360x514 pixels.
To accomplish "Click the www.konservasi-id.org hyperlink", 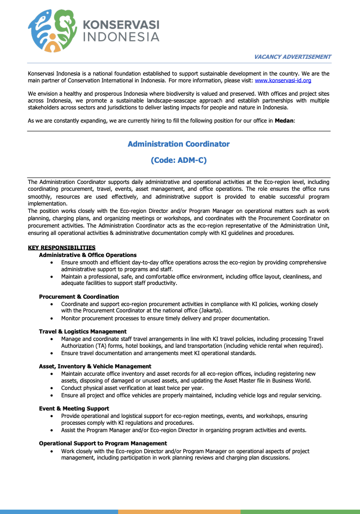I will pyautogui.click(x=283, y=80).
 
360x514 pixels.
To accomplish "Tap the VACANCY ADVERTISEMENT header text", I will pyautogui.click(x=292, y=57).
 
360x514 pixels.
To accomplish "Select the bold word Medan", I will pyautogui.click(x=284, y=121).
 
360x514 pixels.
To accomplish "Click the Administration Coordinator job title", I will pyautogui.click(x=179, y=144).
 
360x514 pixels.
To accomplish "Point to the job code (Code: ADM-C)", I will pyautogui.click(x=179, y=160).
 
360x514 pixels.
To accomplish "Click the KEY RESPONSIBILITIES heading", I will pyautogui.click(x=62, y=248).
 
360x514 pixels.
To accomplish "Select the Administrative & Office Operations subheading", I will pyautogui.click(x=88, y=255).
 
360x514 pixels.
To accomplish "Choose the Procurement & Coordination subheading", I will pyautogui.click(x=79, y=297).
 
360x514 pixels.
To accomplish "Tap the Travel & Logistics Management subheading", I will pyautogui.click(x=83, y=332).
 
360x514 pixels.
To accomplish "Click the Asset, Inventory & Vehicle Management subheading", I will pyautogui.click(x=95, y=366).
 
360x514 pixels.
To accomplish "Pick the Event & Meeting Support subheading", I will pyautogui.click(x=74, y=409).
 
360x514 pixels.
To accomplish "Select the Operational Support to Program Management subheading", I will pyautogui.click(x=103, y=443).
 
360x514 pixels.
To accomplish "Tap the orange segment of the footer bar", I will pyautogui.click(x=179, y=512).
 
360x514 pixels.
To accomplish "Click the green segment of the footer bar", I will pyautogui.click(x=300, y=512).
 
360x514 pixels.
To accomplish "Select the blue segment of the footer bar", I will pyautogui.click(x=59, y=512).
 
